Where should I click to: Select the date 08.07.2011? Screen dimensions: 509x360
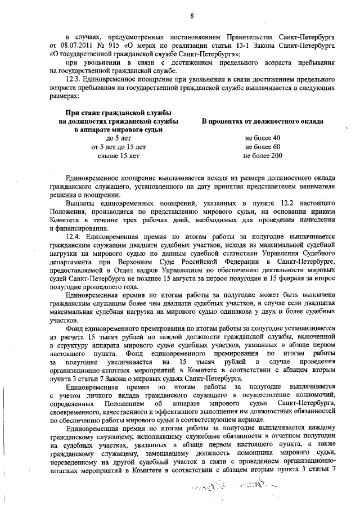click(x=76, y=44)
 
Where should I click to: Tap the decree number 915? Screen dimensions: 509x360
click(x=116, y=44)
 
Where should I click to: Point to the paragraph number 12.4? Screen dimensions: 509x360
click(x=76, y=237)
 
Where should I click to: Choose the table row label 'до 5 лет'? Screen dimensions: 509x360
click(x=119, y=138)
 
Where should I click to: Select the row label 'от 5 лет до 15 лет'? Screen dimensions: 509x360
click(x=119, y=147)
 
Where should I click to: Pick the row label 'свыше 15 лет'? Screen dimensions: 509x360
click(x=119, y=156)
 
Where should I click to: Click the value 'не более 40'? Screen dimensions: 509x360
click(x=263, y=138)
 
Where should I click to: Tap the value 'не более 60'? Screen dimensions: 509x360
click(x=263, y=147)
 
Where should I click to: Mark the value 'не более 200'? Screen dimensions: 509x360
click(x=263, y=156)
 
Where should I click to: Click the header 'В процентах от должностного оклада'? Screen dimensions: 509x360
click(x=263, y=121)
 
